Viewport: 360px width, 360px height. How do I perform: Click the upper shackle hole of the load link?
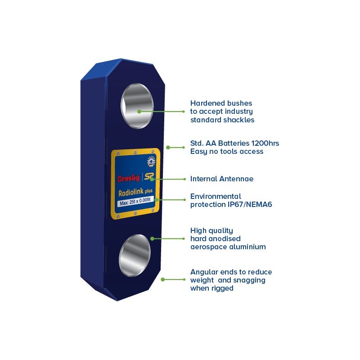coord(137,106)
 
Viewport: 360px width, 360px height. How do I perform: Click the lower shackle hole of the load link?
coord(135,255)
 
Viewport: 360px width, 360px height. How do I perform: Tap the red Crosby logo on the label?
coord(129,178)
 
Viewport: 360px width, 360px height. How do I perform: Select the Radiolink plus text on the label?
coord(135,192)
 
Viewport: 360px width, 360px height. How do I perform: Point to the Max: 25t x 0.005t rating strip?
coord(135,202)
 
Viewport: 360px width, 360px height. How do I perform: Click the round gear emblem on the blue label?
coord(151,162)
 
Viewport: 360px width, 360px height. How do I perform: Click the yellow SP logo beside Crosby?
coord(149,177)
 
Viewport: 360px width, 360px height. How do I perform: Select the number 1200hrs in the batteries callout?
coord(265,143)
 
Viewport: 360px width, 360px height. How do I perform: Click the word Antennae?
coord(237,179)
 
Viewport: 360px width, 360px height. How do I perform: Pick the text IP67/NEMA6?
coord(250,204)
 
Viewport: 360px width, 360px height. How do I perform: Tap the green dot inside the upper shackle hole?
coord(139,112)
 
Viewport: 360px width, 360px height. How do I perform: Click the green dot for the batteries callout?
coord(168,148)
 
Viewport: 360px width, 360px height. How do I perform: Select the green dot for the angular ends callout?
coord(163,279)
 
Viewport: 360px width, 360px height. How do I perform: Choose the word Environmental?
coord(216,196)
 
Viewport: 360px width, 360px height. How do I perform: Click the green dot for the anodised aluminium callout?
coord(152,239)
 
